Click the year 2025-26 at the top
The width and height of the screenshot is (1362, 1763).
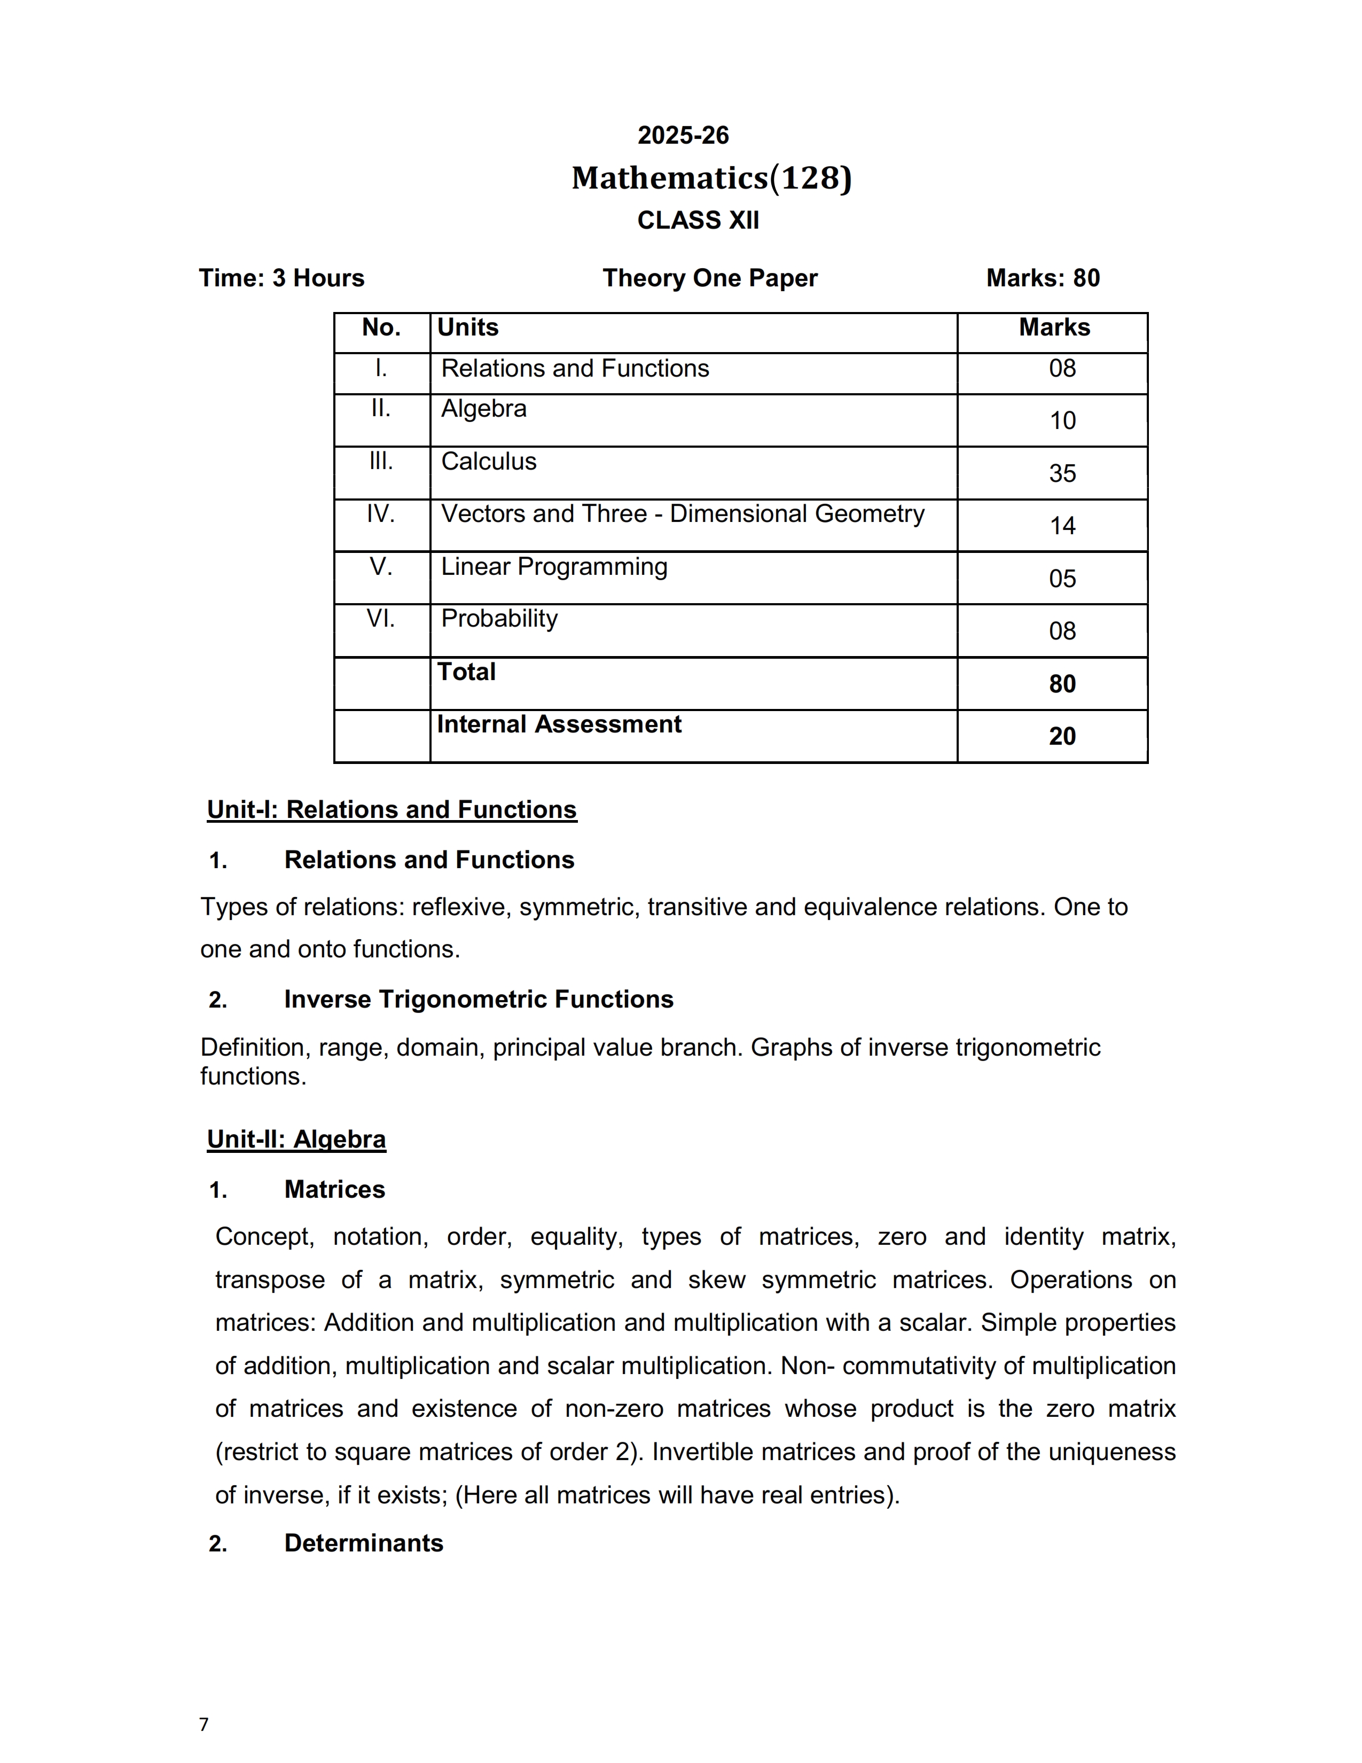click(683, 136)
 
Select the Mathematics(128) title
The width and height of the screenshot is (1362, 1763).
click(711, 178)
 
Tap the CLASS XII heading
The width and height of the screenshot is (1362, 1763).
click(698, 220)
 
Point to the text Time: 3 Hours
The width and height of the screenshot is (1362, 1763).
click(281, 278)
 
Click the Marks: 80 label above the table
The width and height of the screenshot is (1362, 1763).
click(1043, 278)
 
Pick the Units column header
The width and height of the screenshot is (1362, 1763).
click(468, 327)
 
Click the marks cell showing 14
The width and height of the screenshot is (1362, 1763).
click(1062, 526)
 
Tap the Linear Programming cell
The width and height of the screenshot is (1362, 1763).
click(554, 567)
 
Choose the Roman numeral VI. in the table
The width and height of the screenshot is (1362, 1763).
click(381, 619)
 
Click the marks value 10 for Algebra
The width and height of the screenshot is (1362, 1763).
click(1062, 420)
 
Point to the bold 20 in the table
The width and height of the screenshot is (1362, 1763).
click(1062, 736)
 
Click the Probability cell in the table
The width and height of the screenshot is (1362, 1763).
click(499, 619)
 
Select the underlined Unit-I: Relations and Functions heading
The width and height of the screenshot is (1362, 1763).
click(392, 810)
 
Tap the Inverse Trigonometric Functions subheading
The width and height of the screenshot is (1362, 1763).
click(479, 1000)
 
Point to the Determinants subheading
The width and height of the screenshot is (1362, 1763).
click(364, 1543)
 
